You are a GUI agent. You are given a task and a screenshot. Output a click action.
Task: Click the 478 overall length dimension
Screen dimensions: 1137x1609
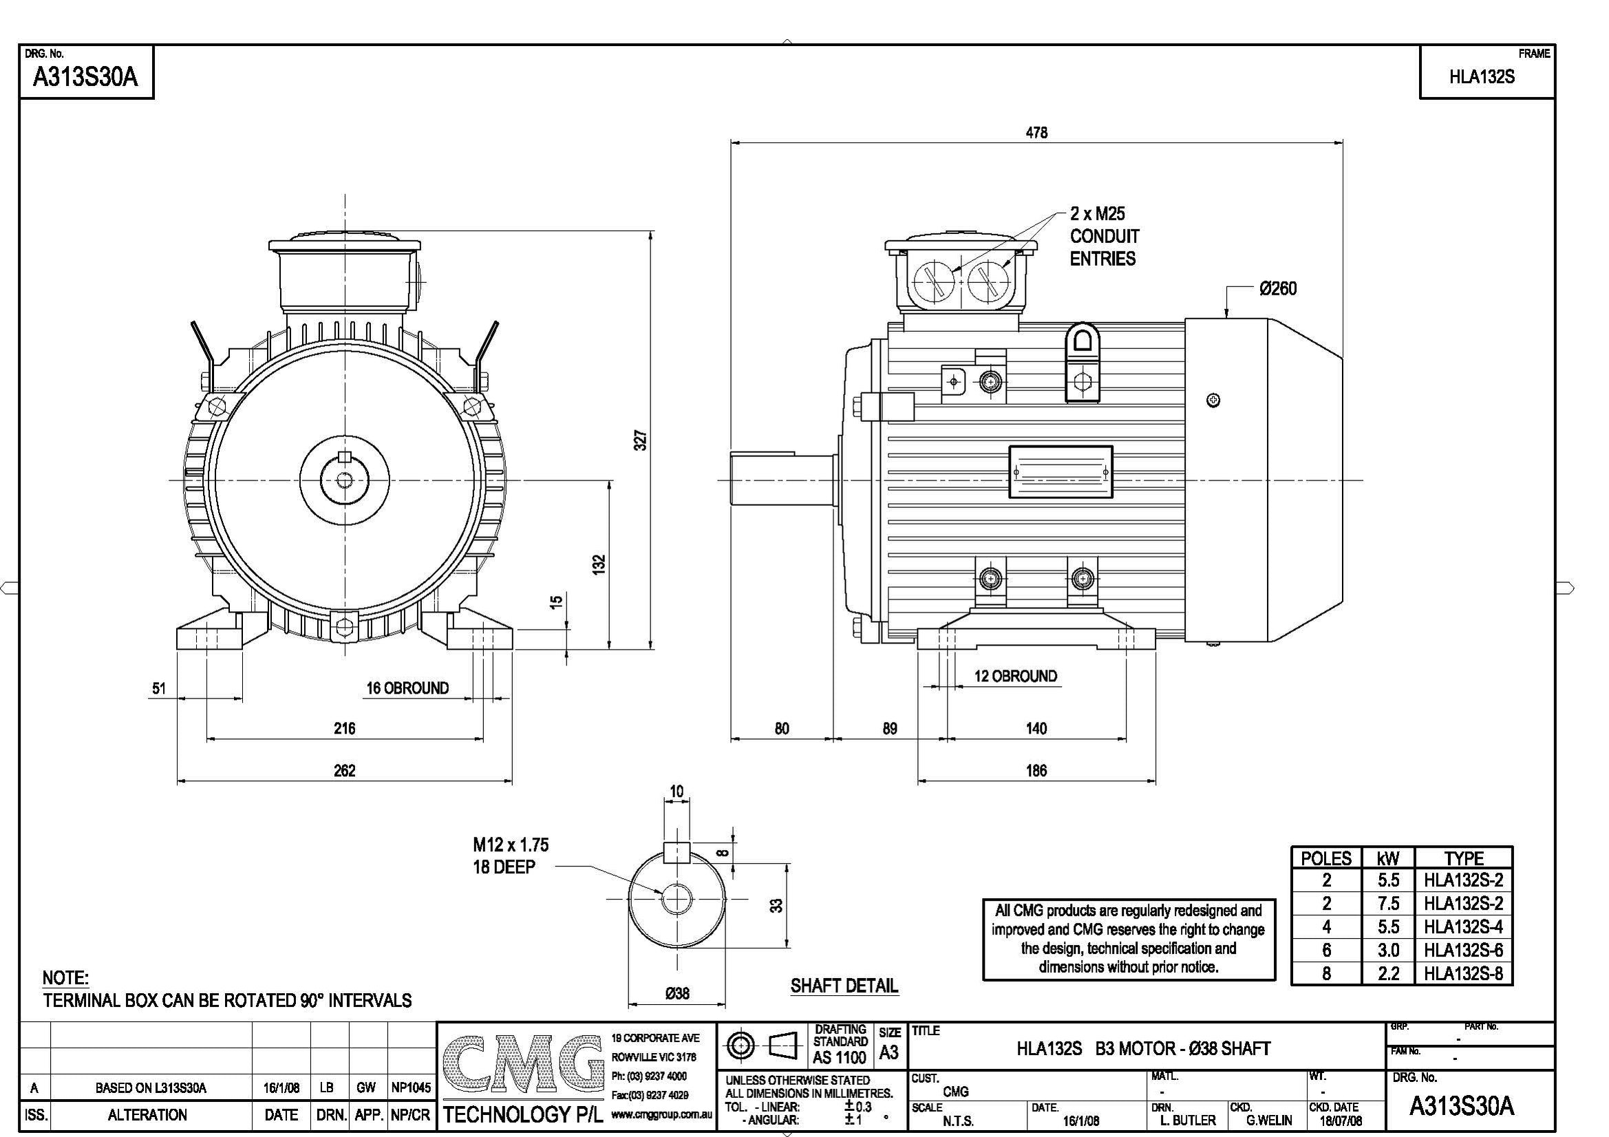pyautogui.click(x=1036, y=132)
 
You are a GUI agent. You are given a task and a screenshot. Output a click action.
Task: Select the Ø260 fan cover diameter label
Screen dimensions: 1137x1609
pyautogui.click(x=1277, y=289)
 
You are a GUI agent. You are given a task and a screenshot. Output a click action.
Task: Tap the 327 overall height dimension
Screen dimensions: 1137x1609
pyautogui.click(x=641, y=440)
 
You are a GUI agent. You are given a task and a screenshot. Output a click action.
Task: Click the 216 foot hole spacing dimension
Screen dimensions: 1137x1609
pyautogui.click(x=344, y=728)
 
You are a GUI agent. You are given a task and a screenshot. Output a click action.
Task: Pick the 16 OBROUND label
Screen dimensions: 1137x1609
pyautogui.click(x=407, y=688)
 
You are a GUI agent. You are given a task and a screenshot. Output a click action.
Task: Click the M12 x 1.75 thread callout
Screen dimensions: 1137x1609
pyautogui.click(x=510, y=844)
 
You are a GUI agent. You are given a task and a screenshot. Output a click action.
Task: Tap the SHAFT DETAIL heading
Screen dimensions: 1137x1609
pyautogui.click(x=844, y=986)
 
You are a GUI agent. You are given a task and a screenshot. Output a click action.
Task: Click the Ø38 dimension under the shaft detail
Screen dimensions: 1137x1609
pyautogui.click(x=677, y=993)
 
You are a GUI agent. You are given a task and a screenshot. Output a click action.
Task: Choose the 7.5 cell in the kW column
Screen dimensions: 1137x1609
pyautogui.click(x=1387, y=903)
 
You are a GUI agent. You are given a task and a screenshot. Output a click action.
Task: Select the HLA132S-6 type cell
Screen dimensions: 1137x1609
pyautogui.click(x=1462, y=950)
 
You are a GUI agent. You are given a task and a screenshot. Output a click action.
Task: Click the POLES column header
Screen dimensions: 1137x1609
pyautogui.click(x=1326, y=858)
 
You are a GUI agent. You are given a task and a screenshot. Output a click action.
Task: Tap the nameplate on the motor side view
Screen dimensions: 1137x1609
pyautogui.click(x=1061, y=472)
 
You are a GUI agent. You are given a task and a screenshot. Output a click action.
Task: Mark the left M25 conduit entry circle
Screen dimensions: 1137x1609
pyautogui.click(x=934, y=281)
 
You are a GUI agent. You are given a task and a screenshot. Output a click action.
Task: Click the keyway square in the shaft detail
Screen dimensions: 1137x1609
pyautogui.click(x=676, y=851)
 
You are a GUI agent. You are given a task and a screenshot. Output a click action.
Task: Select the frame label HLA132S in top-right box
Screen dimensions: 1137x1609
pyautogui.click(x=1482, y=77)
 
